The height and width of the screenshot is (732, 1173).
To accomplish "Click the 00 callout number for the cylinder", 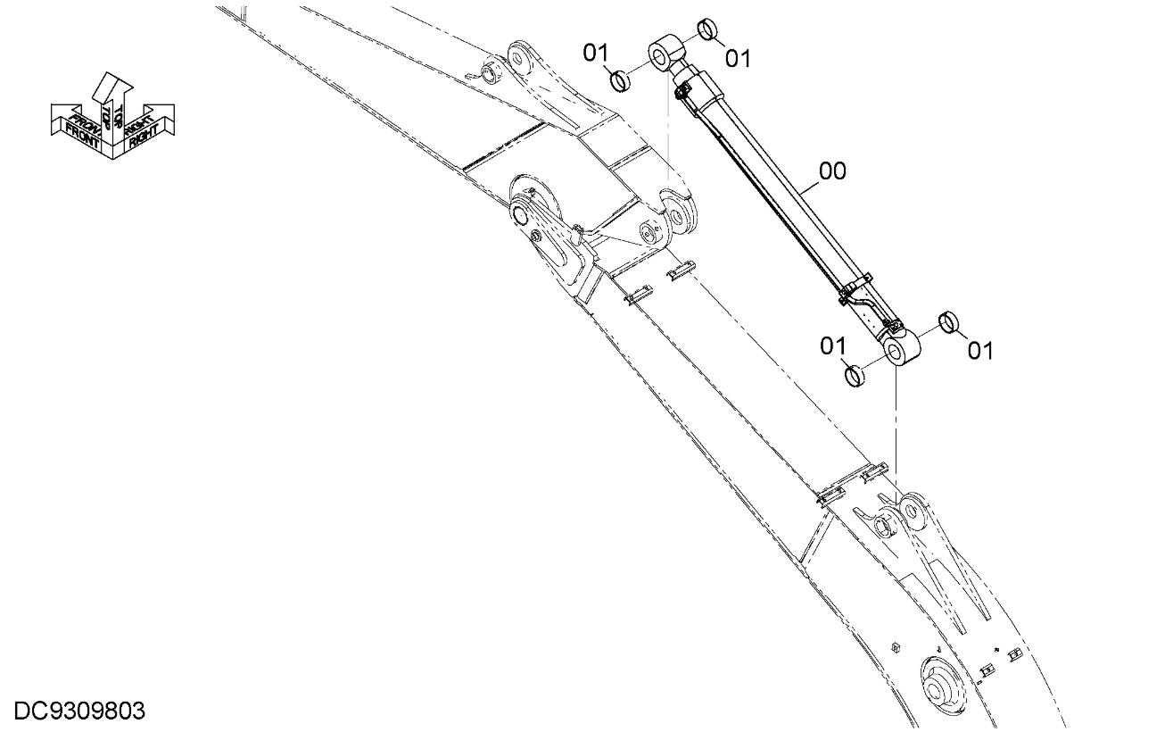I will coord(832,171).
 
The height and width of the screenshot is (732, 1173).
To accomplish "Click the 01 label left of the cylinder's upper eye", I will coord(596,53).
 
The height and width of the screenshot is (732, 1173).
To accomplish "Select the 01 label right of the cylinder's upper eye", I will coord(738,58).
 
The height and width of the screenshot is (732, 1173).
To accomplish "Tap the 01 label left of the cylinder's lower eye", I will coord(833,345).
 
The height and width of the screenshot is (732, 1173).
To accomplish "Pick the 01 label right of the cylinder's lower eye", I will coord(979,350).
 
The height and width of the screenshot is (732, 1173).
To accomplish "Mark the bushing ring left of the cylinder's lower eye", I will coord(855,375).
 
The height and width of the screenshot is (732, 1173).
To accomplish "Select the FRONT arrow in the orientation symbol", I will coord(81,126).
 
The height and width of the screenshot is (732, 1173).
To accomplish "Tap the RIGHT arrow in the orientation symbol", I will coord(146,124).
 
